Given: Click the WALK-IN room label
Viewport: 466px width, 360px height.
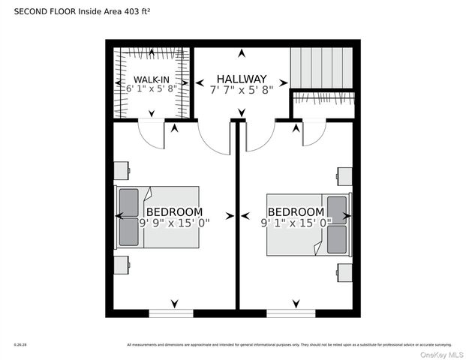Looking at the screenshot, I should pos(152,79).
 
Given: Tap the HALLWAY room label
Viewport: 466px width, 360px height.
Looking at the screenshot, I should pos(242,79).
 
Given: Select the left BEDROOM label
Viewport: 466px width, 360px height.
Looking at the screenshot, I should pos(174,211).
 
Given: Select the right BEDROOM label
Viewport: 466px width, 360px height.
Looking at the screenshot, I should pos(296,211).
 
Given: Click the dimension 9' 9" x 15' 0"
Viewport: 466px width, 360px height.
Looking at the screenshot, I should pos(175,223).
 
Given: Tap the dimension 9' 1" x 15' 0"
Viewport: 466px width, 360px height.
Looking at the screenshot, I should pos(296,223).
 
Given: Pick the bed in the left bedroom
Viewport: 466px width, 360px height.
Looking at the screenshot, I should pos(158,217).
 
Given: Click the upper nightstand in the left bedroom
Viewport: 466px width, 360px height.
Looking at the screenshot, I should pos(121,170).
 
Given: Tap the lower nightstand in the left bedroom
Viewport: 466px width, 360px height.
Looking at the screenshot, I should pos(121,265).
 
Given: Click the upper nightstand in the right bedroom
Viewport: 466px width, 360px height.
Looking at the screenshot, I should pos(344,175).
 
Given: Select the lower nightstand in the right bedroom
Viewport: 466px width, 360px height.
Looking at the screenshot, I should pos(344,271).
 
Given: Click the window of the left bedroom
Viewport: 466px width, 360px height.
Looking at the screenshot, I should pos(171,313).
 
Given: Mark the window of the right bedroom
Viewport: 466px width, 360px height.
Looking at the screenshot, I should pos(291,313).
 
